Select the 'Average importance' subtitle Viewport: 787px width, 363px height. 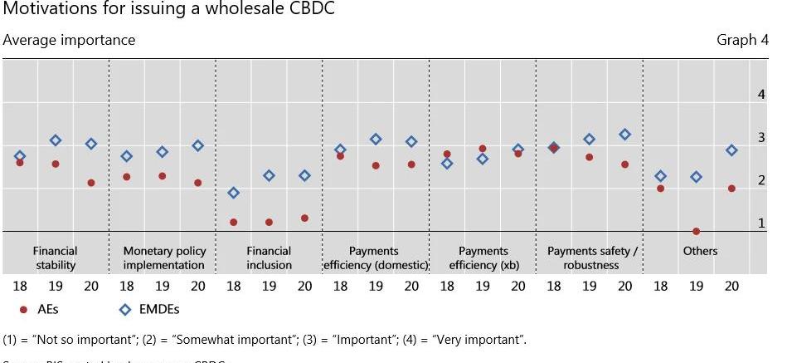click(x=69, y=40)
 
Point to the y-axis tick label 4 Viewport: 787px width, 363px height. click(x=761, y=95)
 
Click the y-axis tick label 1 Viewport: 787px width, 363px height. click(x=761, y=223)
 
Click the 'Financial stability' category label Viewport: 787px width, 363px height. click(x=56, y=258)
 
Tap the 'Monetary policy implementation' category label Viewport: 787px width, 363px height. click(x=163, y=258)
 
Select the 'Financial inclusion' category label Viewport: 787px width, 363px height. click(x=270, y=258)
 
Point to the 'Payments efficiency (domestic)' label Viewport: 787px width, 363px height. click(x=375, y=258)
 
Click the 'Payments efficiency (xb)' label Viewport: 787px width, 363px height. click(x=483, y=258)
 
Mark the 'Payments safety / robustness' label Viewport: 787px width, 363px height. click(x=591, y=258)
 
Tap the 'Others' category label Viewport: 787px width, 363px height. click(x=700, y=251)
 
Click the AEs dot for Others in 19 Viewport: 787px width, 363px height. click(x=696, y=231)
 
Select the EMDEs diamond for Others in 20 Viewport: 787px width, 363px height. click(x=731, y=150)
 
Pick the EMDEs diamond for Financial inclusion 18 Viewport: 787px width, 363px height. click(x=234, y=193)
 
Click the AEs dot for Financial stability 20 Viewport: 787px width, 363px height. click(x=91, y=183)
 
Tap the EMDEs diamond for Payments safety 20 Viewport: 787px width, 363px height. click(x=624, y=134)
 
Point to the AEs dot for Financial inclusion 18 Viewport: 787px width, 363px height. click(x=234, y=223)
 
